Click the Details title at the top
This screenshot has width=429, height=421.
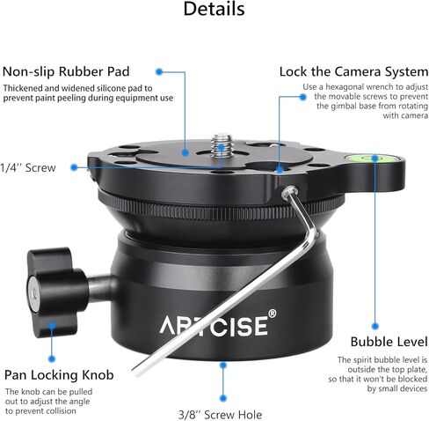[x=214, y=9]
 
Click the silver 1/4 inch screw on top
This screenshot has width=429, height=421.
[x=222, y=144]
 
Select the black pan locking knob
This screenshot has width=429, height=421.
[x=57, y=292]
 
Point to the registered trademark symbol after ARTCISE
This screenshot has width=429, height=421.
[x=272, y=314]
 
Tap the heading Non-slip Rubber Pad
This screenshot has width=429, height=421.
[x=66, y=71]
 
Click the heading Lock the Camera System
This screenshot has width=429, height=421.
[x=353, y=71]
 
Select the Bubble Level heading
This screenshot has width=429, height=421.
[x=389, y=342]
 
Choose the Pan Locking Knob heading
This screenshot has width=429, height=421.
[x=59, y=375]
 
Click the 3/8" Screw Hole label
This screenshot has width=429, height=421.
[x=221, y=415]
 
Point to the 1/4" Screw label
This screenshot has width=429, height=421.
[x=28, y=168]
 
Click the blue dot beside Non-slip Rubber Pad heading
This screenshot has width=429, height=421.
[x=159, y=71]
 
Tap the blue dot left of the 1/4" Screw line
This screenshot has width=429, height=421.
[x=74, y=167]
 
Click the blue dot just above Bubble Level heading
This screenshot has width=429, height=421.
[x=374, y=326]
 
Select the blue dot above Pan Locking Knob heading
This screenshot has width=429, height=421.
[x=52, y=358]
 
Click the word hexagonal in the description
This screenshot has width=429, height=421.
[x=345, y=87]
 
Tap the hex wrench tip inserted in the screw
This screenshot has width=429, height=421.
[x=289, y=191]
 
